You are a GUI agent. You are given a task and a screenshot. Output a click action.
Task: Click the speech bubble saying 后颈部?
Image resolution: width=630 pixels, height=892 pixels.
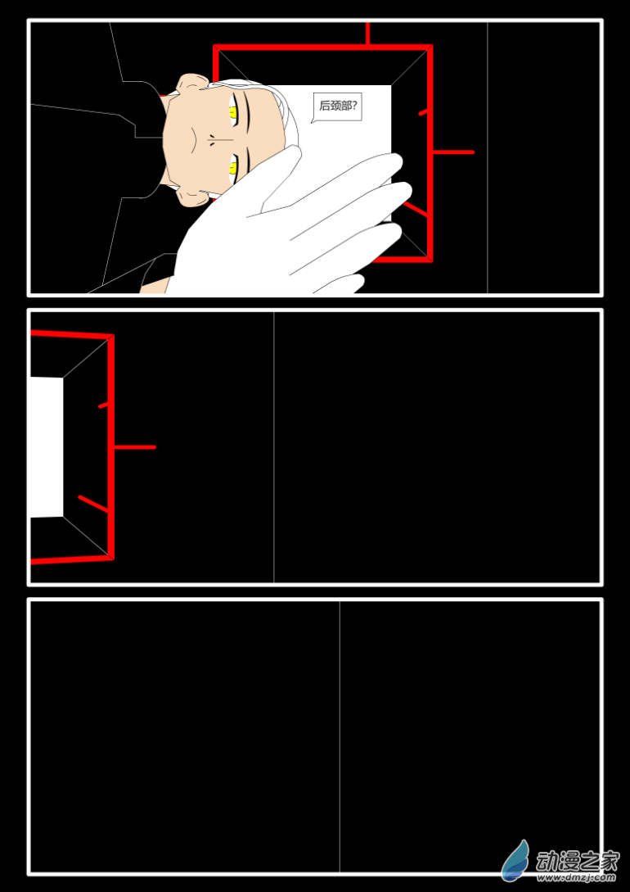(337, 107)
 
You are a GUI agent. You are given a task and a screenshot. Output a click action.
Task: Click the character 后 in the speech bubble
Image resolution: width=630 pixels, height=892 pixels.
(325, 106)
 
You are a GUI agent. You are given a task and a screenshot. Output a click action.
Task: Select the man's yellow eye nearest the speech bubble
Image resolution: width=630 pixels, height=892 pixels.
(233, 114)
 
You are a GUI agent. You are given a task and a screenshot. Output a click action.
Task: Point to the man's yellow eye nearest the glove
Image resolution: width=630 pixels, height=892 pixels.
(233, 169)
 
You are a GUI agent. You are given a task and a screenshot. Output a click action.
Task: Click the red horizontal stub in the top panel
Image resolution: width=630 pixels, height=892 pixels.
(453, 152)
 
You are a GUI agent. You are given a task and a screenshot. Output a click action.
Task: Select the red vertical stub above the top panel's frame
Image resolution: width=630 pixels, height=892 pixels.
(367, 33)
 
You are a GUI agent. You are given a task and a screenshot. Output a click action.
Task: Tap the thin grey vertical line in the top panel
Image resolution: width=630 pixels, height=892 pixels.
(488, 157)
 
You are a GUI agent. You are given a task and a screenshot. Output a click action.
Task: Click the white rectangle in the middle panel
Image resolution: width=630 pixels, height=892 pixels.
(47, 447)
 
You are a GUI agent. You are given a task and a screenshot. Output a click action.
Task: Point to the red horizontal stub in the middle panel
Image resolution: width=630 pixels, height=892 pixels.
(135, 447)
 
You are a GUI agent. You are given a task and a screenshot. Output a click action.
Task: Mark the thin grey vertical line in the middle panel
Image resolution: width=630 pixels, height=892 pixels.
(274, 447)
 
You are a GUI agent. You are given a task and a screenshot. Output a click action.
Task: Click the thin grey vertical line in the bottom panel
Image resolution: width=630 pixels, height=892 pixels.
(340, 736)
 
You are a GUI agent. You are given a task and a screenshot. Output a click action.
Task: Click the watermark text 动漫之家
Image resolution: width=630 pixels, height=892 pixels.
(577, 863)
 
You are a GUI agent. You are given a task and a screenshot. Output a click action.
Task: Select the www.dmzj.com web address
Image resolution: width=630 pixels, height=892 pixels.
(577, 878)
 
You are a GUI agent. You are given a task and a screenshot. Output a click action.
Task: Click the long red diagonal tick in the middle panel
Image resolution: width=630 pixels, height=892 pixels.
(93, 504)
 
